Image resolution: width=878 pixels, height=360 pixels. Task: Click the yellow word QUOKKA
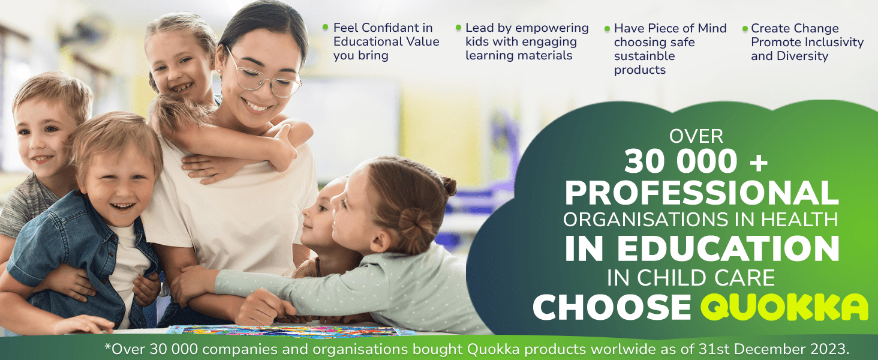(x=784, y=307)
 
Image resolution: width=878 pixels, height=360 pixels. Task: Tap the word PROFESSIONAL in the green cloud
(x=701, y=193)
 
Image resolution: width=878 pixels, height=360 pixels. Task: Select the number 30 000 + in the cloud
(x=696, y=161)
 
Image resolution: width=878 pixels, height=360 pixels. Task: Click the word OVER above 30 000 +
(x=696, y=136)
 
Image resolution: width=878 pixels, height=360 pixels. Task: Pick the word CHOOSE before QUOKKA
(x=612, y=307)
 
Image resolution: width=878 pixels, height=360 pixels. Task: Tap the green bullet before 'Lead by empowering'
(x=458, y=28)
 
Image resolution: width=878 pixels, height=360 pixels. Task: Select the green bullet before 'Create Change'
(x=745, y=28)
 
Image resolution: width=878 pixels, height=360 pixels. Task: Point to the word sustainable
(x=644, y=56)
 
